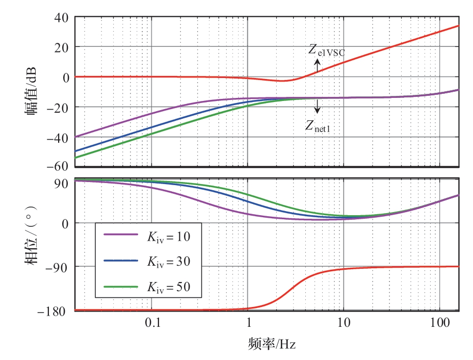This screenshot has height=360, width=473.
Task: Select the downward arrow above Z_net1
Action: [317, 106]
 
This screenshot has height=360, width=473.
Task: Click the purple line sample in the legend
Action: [121, 235]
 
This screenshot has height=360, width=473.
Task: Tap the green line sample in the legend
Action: [121, 287]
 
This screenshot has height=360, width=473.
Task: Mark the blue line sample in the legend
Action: [121, 261]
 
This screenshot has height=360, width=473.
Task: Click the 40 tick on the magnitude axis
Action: [61, 17]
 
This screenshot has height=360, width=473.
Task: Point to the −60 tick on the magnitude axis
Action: [57, 166]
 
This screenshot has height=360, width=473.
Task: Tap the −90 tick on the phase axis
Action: [58, 266]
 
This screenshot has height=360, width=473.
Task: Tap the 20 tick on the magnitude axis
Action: [61, 47]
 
